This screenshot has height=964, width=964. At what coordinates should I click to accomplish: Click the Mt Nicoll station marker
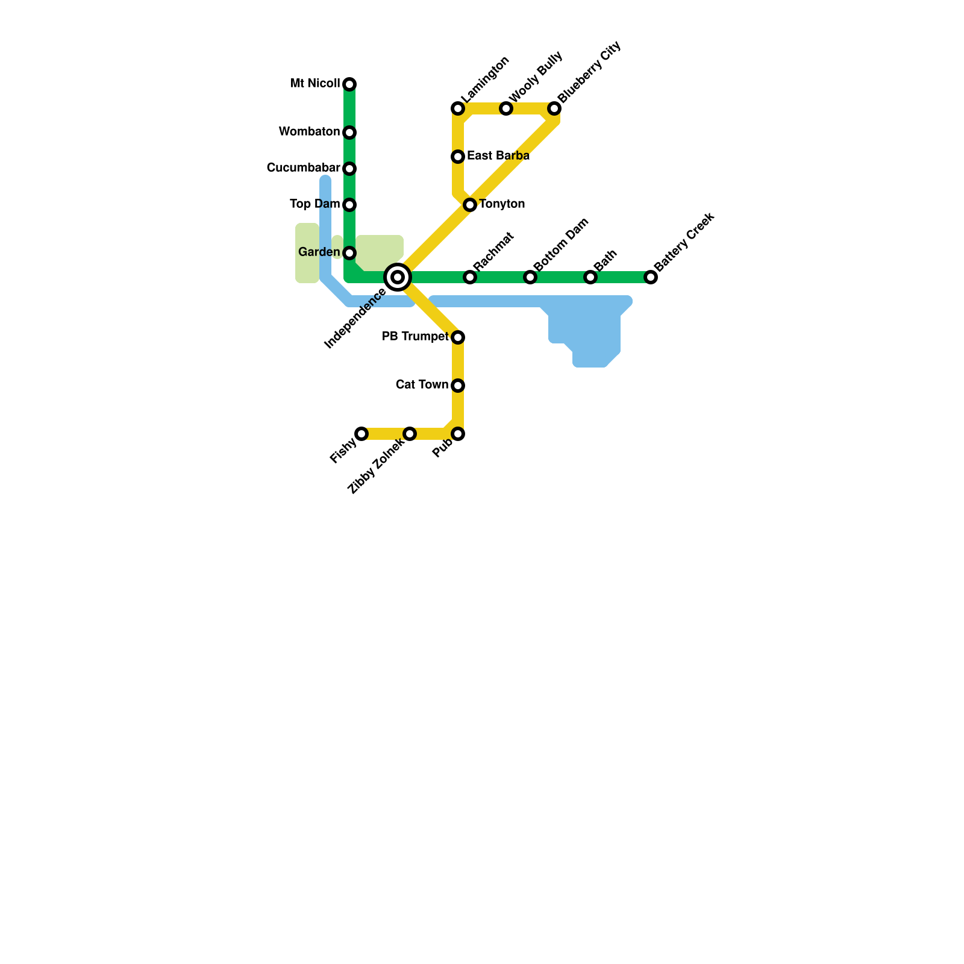coord(349,84)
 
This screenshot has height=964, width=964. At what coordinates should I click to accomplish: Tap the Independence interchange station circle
coord(398,277)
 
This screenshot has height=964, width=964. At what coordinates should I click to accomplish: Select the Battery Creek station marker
coord(651,277)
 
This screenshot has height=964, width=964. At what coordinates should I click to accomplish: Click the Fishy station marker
coord(361,434)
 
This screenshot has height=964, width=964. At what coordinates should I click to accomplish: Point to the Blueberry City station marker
coord(554,108)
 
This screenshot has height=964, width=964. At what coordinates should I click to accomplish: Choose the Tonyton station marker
coord(470,205)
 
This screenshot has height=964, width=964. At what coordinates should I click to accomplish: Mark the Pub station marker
coord(458,434)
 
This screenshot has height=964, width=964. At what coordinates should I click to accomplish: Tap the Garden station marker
coord(349,253)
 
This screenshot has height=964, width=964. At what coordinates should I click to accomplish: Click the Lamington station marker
coord(458,108)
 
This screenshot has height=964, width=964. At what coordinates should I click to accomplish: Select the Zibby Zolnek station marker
coord(410,434)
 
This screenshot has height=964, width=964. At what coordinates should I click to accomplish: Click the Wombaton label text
coord(309,132)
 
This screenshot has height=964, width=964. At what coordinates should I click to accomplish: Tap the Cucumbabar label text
coord(303,168)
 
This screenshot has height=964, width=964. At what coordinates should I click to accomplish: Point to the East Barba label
coord(498,156)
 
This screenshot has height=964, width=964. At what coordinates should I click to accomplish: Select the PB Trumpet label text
coord(415,337)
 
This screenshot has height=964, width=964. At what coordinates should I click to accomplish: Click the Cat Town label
coord(422,385)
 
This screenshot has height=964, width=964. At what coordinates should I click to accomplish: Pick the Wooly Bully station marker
coord(506,108)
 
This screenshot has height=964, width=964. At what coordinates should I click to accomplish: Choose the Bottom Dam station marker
coord(530,277)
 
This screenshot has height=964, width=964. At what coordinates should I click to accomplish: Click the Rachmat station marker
coord(470,277)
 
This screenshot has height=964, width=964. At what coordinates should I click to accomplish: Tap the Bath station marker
coord(590,277)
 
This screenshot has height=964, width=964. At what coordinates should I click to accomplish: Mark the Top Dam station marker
coord(349,205)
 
